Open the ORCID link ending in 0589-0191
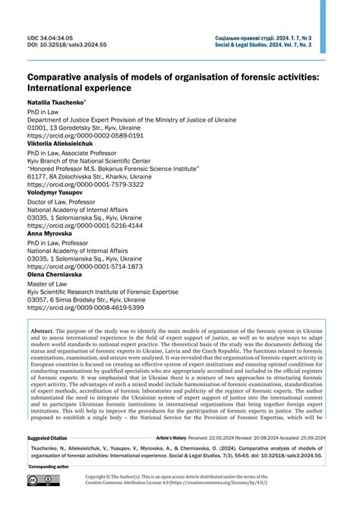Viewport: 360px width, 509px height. coord(86,134)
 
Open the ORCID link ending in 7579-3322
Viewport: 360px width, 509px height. coord(86,185)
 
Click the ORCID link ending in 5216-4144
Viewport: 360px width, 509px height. coord(86,226)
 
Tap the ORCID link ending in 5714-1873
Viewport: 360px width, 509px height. coord(86,267)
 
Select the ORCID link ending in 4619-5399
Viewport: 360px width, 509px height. coord(86,308)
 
